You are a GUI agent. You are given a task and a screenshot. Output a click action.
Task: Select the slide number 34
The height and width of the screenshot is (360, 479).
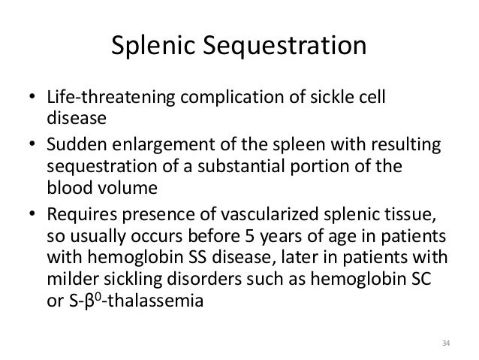click(445, 344)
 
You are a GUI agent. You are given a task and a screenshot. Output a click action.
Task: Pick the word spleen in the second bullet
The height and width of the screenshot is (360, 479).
click(294, 144)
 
